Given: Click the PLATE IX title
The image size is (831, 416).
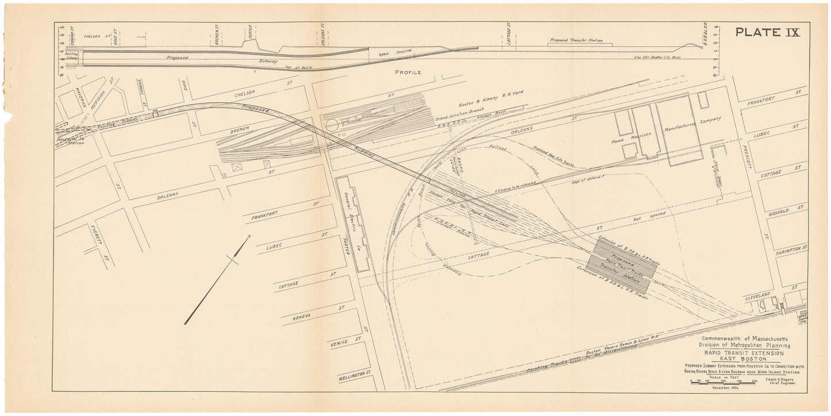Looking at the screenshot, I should tap(768, 32).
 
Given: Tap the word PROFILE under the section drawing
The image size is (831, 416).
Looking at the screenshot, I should tap(408, 72).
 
